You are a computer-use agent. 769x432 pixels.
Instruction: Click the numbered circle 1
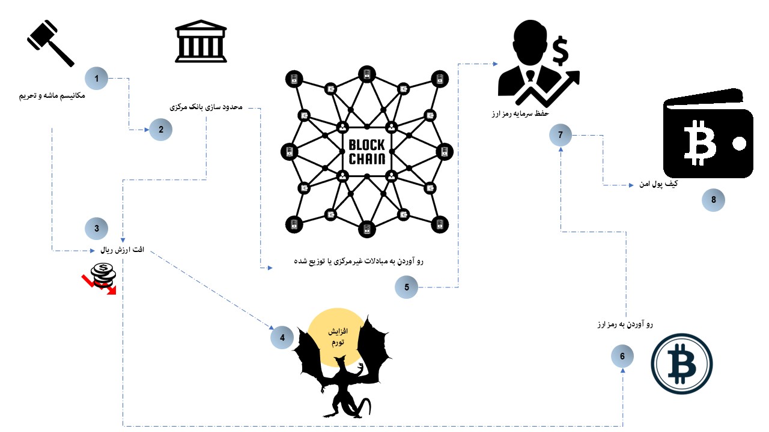pos(97,78)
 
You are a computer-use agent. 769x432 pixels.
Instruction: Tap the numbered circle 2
pos(160,129)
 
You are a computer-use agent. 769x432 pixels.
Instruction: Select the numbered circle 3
pos(97,228)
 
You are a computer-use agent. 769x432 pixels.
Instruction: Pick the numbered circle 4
pos(282,338)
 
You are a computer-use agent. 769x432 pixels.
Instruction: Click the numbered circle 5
pos(407,287)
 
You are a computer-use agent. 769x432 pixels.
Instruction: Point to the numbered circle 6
pos(622,356)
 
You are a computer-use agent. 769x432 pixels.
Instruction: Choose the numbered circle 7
pos(561,136)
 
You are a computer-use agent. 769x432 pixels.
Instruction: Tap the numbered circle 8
pos(714,200)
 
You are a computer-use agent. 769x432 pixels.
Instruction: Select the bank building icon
pos(201,43)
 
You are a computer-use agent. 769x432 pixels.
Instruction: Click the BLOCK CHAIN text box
pos(367,152)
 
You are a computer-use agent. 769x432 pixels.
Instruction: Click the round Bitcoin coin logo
pos(682,364)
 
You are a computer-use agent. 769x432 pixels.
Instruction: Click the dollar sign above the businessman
pos(561,52)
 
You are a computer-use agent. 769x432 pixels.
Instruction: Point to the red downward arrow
pos(99,285)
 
